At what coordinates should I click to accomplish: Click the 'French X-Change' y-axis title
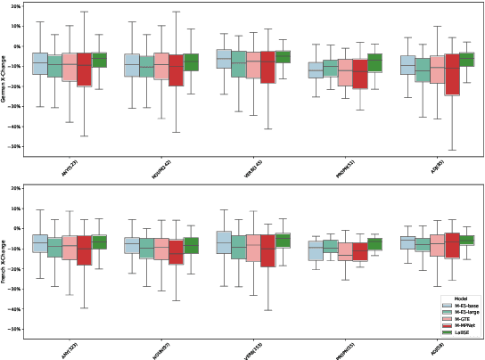4,258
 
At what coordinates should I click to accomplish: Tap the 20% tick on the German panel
15,6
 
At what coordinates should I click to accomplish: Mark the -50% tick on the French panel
15,329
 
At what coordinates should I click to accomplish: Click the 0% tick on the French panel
17,228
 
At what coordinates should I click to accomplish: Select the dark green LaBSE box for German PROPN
374,62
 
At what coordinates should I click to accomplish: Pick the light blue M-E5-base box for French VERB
226,241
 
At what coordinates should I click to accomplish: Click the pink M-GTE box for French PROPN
345,250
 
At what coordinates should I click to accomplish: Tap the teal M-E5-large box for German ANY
55,66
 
